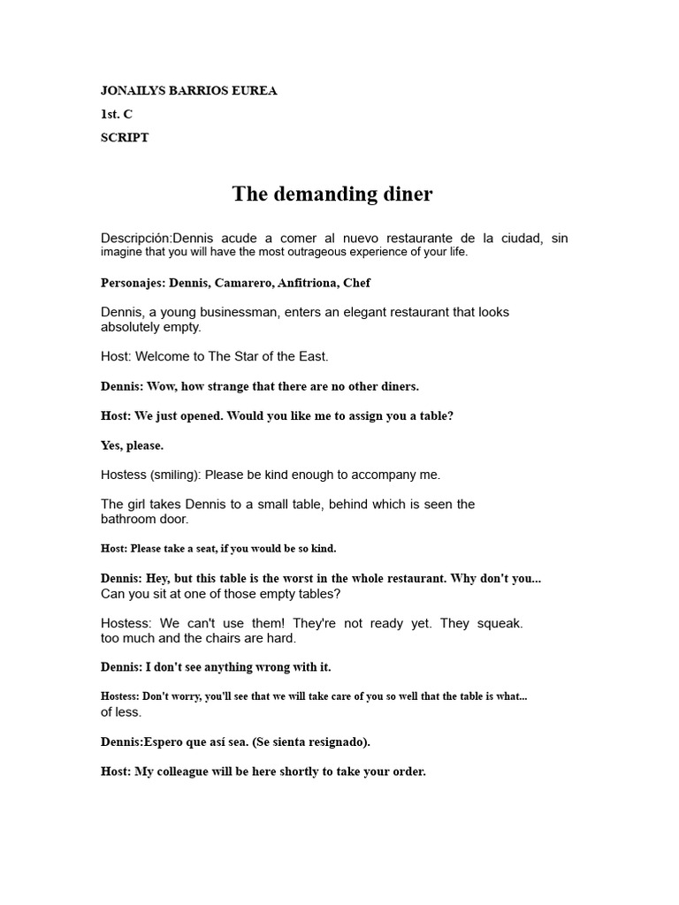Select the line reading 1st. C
pos(116,114)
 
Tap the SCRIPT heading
pos(125,137)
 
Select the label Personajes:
pos(133,283)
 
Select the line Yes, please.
pos(132,445)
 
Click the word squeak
pos(500,623)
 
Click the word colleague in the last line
pos(185,772)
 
